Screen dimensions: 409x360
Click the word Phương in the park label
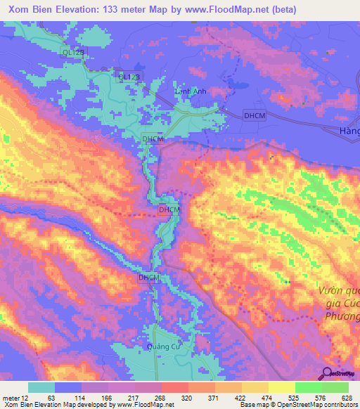tap(340, 316)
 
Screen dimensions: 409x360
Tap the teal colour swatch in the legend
tap(41, 387)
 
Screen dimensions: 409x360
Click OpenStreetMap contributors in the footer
tap(323, 405)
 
